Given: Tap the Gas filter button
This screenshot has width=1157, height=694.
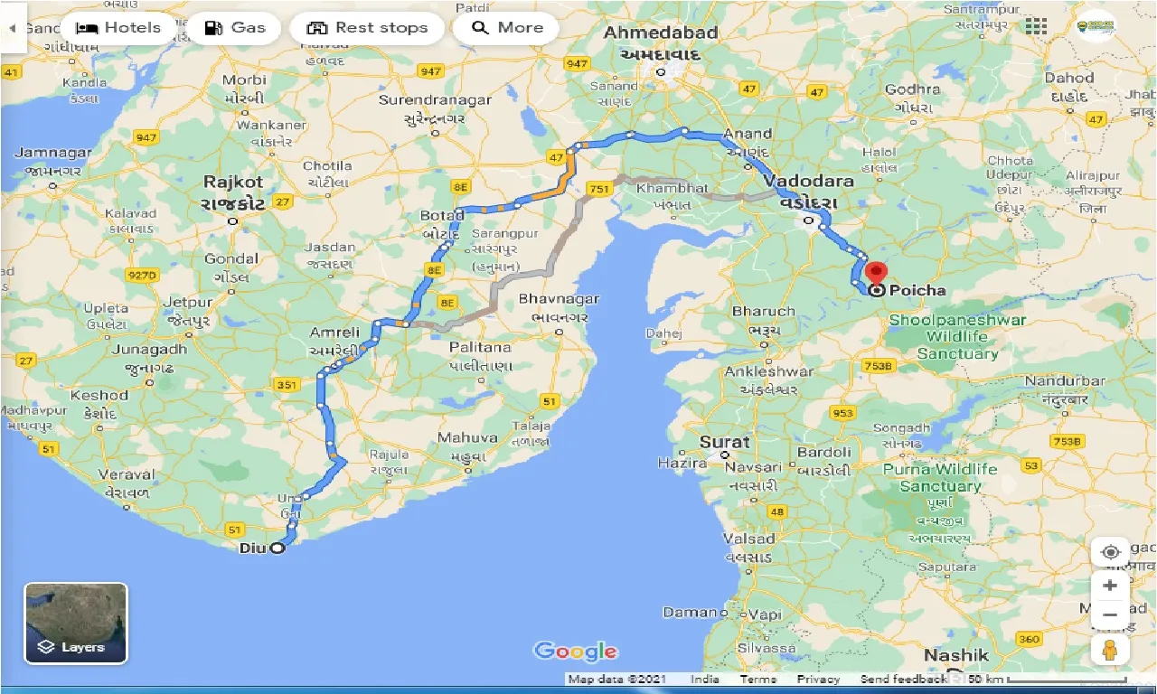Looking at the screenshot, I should click(x=234, y=28).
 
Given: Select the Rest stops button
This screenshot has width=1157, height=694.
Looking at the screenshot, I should click(x=367, y=28).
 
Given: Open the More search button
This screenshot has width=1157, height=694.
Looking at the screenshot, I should click(x=507, y=28).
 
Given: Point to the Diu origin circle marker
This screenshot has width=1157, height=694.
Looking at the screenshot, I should click(x=277, y=548).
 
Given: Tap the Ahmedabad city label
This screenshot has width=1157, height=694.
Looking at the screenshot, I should click(x=661, y=33).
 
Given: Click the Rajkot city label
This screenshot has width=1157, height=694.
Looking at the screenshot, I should click(x=233, y=182).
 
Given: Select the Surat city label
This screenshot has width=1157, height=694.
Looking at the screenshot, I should click(x=725, y=442).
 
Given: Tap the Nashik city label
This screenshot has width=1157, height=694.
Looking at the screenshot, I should click(x=955, y=655).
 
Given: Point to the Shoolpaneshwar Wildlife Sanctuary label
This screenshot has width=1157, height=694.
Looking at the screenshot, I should click(x=957, y=336).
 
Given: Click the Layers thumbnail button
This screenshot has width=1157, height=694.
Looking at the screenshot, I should click(x=76, y=623).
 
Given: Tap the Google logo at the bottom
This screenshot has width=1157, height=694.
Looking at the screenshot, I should click(x=576, y=651).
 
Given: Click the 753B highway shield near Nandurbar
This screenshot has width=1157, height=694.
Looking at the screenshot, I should click(x=1067, y=441).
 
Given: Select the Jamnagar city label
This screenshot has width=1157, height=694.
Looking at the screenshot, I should click(x=53, y=153).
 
